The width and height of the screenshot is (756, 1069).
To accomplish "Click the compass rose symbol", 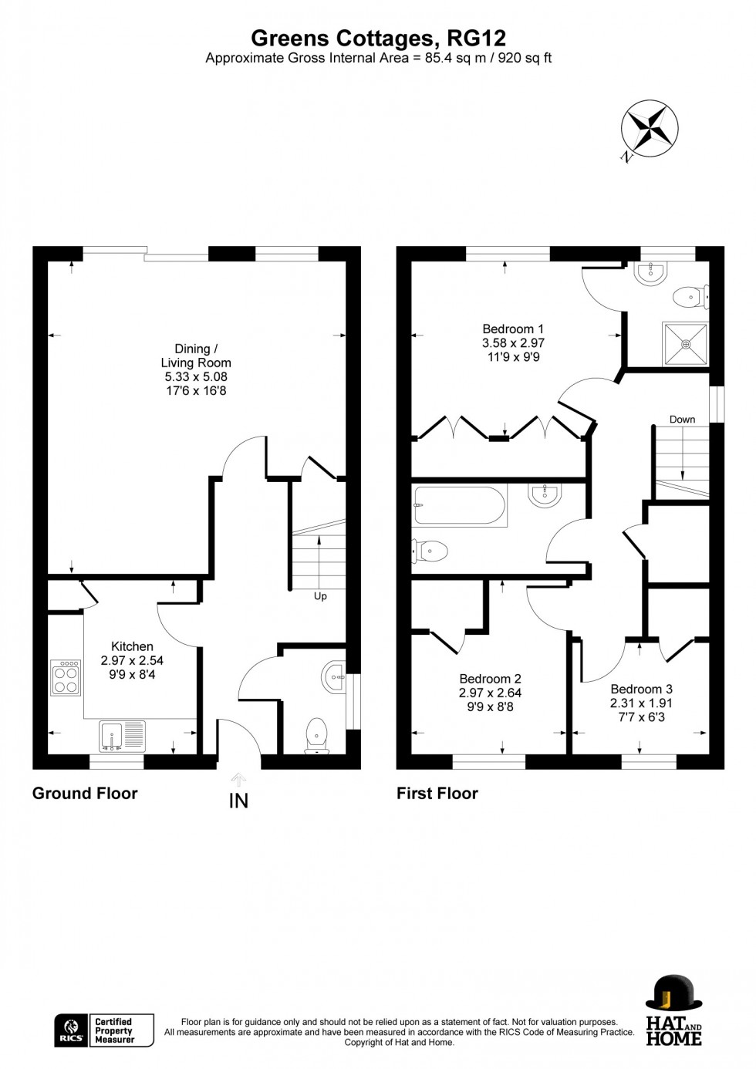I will [x=650, y=128].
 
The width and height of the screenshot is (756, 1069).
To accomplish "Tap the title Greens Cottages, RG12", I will [x=378, y=38].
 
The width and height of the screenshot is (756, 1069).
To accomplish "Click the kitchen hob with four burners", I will [x=66, y=677].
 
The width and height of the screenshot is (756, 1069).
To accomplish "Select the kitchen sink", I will [x=122, y=735].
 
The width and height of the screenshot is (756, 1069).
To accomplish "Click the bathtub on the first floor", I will [x=459, y=505].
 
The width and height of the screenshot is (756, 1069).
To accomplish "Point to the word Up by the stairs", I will [x=320, y=596].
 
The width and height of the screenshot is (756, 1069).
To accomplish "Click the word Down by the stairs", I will [x=682, y=420].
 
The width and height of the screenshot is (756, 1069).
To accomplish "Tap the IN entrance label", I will [x=238, y=801].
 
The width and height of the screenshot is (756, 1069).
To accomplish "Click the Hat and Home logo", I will [x=673, y=1010].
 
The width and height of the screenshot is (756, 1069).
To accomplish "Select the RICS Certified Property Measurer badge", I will [x=104, y=1030].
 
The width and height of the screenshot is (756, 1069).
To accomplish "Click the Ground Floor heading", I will [x=85, y=793].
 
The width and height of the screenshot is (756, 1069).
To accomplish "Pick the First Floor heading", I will [x=437, y=793].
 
